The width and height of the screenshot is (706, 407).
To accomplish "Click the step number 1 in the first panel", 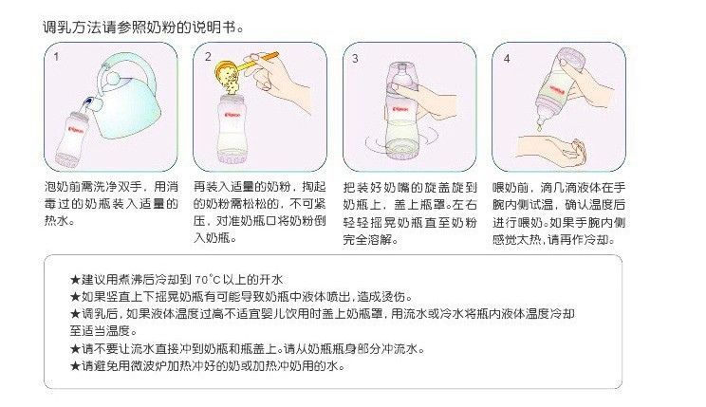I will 57,58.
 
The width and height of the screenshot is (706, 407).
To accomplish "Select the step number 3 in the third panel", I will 355,58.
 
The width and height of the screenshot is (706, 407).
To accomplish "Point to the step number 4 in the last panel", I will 507,58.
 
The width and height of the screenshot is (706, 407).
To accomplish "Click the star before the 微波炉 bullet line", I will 76,366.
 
